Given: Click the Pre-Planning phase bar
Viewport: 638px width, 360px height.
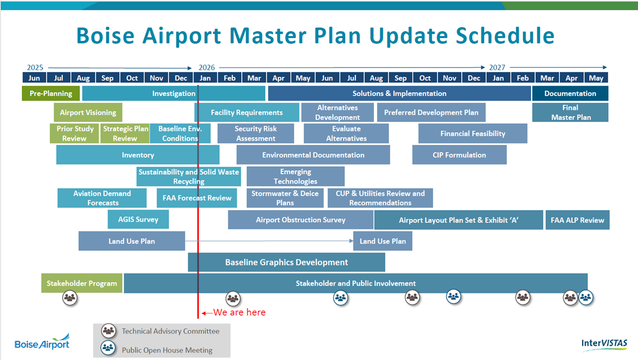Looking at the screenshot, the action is pos(51,93).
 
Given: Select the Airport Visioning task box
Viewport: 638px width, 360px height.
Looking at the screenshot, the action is pos(88,113).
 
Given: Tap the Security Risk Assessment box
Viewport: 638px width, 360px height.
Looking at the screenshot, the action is pos(256,133).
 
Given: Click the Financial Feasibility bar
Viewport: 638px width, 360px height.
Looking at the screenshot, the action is pos(472,133).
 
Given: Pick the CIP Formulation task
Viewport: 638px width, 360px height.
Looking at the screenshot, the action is pos(459,155).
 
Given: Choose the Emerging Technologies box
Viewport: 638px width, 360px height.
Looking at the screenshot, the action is pos(295,176).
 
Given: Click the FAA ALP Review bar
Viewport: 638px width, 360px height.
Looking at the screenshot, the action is pos(577,220).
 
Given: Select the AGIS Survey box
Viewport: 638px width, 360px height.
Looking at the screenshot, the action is pos(138,219).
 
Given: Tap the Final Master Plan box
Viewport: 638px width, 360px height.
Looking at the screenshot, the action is pos(570,113).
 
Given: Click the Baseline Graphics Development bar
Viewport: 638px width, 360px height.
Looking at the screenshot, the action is pos(287,262).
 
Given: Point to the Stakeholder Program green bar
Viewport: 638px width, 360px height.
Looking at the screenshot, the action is pos(82,283).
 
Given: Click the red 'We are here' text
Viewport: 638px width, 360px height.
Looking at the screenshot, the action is pos(240,312).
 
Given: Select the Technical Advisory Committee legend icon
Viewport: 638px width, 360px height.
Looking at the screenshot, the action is pos(109,331).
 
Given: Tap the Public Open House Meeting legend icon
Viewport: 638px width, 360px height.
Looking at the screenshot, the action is pos(109,348).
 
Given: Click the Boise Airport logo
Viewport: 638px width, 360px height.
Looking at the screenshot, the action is pos(42,342).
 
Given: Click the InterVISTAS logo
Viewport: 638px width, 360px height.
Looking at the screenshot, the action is pos(604,343).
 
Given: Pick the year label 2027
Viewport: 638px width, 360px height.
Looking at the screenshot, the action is pos(497,68).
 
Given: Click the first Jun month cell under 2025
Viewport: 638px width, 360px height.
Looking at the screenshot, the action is pos(34,78).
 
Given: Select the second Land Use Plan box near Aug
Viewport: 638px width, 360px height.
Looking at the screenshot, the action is pos(383,241).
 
